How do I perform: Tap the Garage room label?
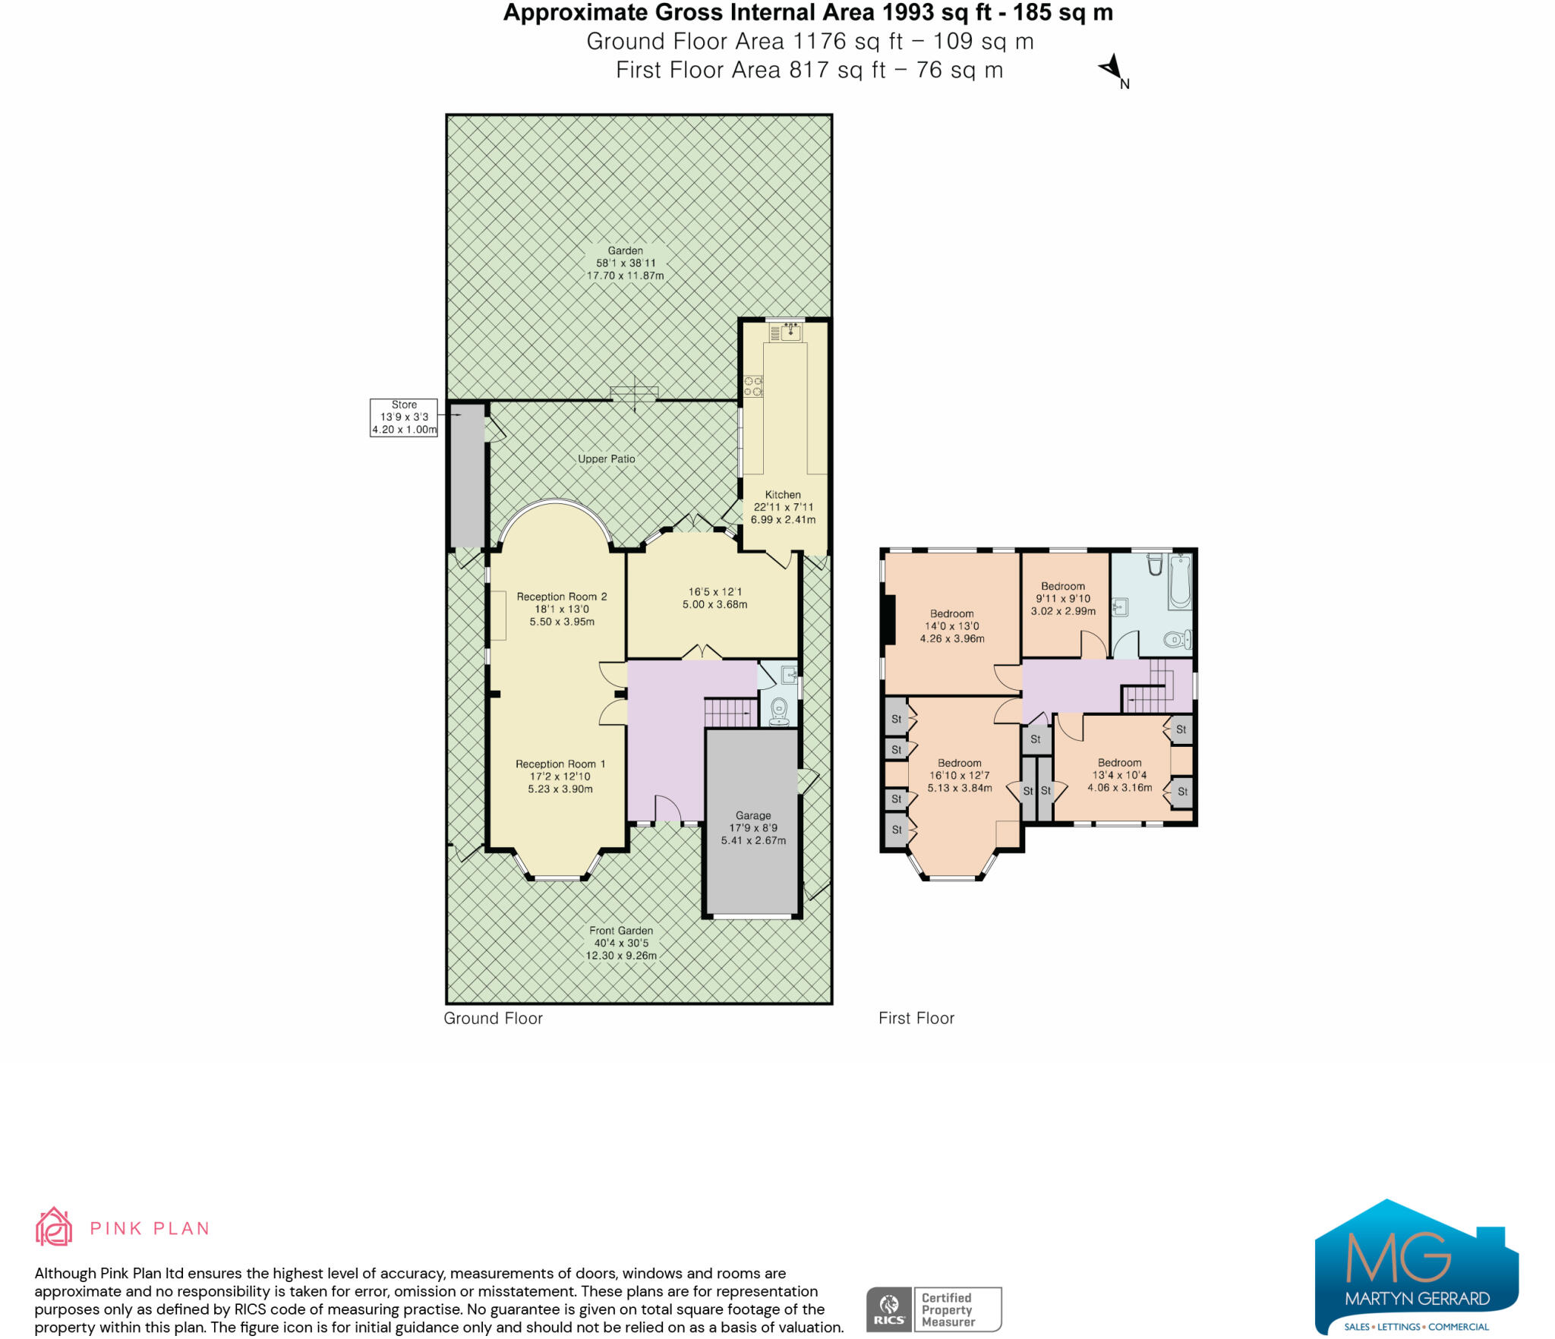point(753,827)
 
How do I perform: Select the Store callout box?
point(404,417)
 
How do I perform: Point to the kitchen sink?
point(790,332)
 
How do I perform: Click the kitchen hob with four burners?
point(753,386)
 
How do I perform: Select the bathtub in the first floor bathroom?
point(1180,581)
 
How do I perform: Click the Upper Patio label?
point(606,459)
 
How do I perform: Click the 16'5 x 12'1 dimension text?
point(714,598)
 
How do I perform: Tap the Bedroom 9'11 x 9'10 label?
point(1063,598)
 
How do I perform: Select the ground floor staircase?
point(729,713)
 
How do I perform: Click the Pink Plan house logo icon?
point(54,1227)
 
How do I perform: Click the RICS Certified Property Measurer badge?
point(934,1309)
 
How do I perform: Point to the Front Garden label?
point(621,942)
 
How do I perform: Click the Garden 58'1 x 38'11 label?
point(625,263)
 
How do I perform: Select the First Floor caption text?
point(916,1018)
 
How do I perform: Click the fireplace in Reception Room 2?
point(498,615)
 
